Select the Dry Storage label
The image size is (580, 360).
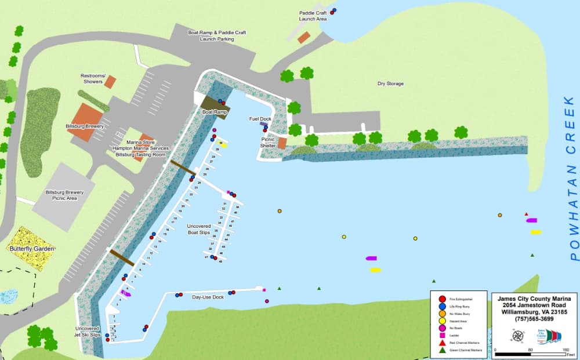coord(390,84)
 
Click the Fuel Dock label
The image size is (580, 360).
coord(260,119)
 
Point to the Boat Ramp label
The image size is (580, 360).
coord(214,111)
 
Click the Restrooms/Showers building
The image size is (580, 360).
coord(110,82)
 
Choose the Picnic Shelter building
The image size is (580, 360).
coord(282,143)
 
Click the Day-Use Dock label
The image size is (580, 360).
coord(208,297)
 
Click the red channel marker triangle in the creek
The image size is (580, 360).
coord(526,214)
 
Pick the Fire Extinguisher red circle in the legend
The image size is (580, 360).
coord(442,299)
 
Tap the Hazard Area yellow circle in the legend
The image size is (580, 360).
coord(442,321)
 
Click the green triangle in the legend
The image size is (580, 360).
coord(442,350)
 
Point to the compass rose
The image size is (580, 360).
coord(517,335)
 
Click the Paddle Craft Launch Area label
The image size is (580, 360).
coord(313,16)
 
